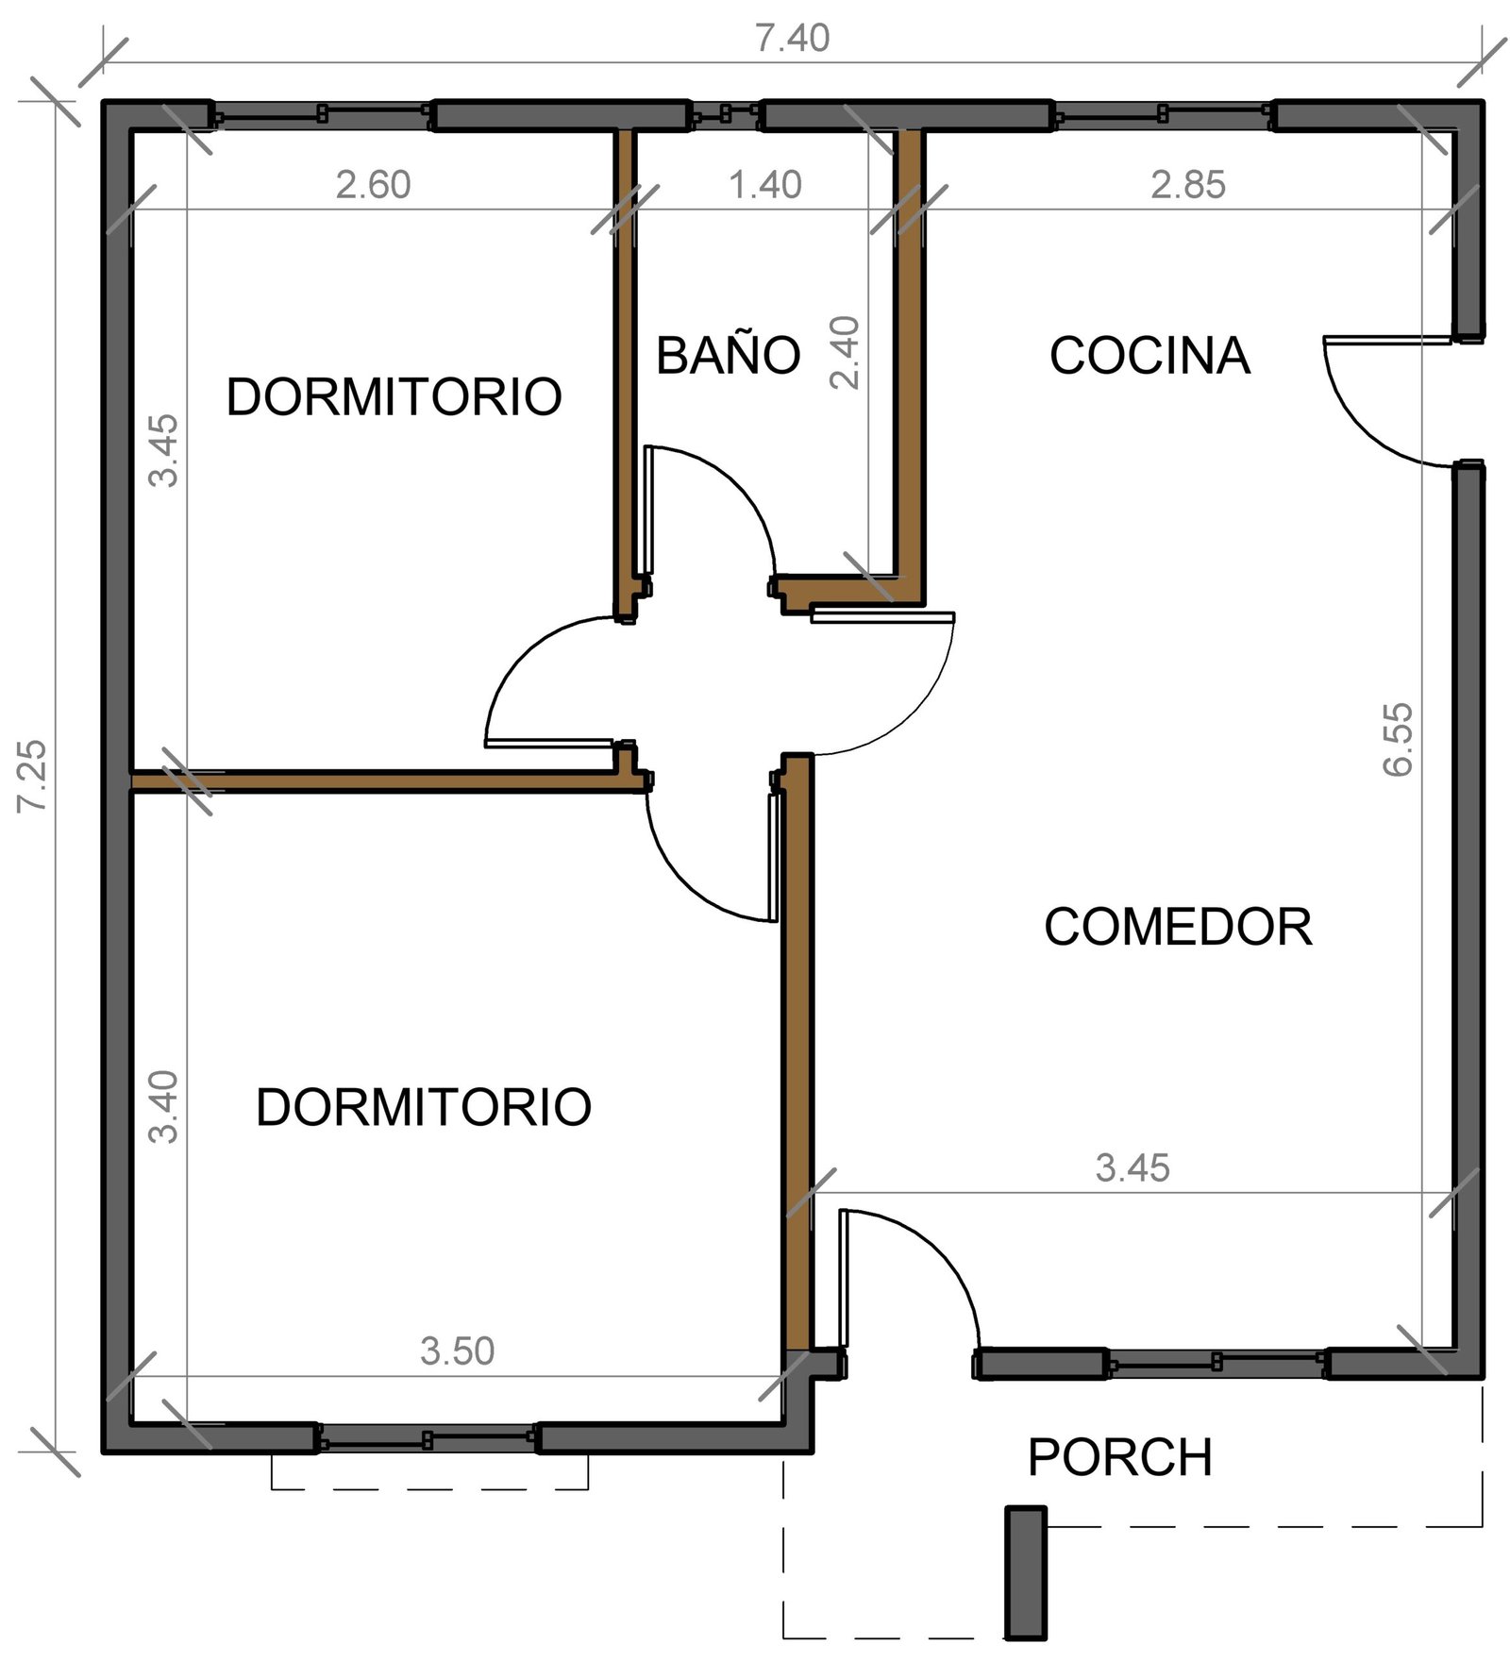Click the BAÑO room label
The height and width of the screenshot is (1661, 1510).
point(728,355)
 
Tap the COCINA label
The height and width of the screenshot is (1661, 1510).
point(1149,356)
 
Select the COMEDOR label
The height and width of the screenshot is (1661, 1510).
point(1178,927)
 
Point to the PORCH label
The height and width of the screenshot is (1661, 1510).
point(1120,1457)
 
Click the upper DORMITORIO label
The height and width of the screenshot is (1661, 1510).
point(394,396)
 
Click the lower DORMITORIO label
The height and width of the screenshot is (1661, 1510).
point(424,1107)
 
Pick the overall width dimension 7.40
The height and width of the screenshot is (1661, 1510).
point(793,38)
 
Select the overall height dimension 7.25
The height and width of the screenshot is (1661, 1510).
point(32,776)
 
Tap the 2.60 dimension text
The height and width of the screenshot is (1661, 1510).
point(374,185)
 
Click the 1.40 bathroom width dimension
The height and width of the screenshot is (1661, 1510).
point(765,185)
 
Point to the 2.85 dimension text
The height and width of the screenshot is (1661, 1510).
point(1188,185)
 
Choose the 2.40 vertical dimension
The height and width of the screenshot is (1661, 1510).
point(845,353)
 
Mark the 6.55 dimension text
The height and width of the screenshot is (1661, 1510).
point(1398,739)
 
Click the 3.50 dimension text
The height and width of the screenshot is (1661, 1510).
point(458,1351)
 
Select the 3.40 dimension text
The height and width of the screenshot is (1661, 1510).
point(163,1107)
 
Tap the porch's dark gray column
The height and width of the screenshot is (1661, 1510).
point(1025,1572)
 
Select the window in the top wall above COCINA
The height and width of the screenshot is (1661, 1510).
point(1163,115)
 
